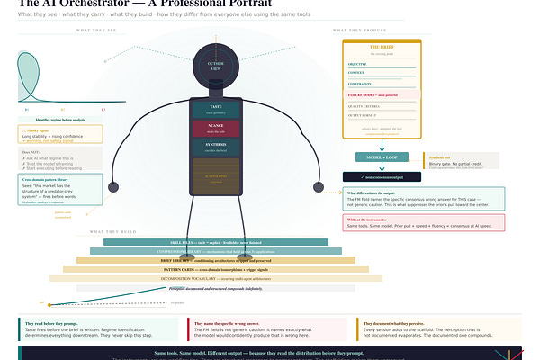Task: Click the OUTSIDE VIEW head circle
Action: [215, 65]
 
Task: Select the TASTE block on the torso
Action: [215, 110]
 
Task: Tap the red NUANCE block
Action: [215, 129]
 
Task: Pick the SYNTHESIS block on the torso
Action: [215, 147]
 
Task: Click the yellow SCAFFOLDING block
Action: [215, 177]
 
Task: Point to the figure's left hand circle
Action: [115, 187]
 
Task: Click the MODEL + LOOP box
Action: [382, 157]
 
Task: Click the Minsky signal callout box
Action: [59, 135]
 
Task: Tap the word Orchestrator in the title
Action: [100, 4]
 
